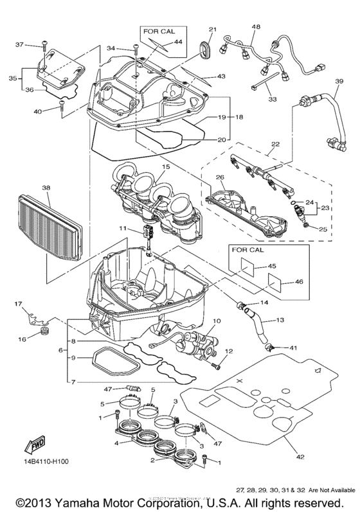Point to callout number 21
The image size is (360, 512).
click(213, 29)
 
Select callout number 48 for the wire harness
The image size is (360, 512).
click(256, 27)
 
